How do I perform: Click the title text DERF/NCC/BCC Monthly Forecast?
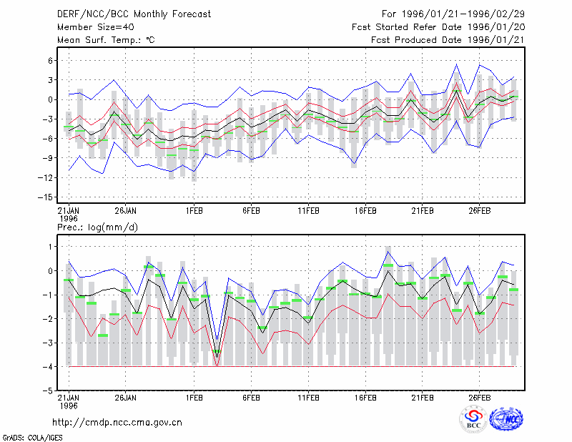pos(134,14)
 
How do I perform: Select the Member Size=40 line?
pos(96,27)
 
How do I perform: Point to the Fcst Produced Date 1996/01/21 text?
pos(448,40)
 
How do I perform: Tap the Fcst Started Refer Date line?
pos(438,27)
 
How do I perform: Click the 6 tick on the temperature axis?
pos(50,61)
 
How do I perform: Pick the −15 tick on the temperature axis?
pos(46,197)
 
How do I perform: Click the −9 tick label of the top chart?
pos(48,158)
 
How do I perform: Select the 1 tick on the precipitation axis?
pos(50,247)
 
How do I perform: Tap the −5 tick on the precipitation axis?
pos(48,391)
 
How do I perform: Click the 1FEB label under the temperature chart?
pos(194,211)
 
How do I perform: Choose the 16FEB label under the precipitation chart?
pos(365,398)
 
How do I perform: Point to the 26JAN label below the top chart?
pos(126,211)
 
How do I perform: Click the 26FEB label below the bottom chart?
pos(479,398)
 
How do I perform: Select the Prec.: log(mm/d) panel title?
pos(97,227)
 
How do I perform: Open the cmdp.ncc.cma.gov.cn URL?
pos(117,422)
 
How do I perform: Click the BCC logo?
pos(473,419)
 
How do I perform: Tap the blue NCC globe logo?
pos(506,419)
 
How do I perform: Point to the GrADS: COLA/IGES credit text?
pos(32,438)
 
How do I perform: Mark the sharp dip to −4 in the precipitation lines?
pos(217,365)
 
